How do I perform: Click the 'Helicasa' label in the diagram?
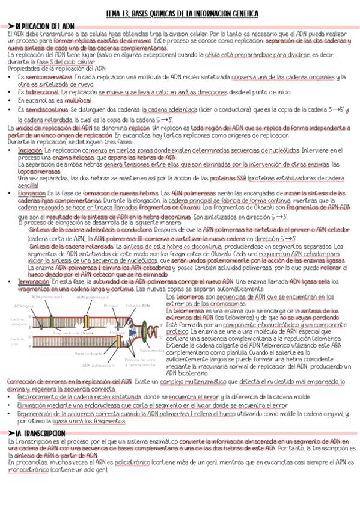(118, 332)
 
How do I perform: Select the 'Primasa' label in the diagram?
(111, 306)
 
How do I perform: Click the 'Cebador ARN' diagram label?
(138, 306)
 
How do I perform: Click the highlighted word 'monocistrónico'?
(28, 469)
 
